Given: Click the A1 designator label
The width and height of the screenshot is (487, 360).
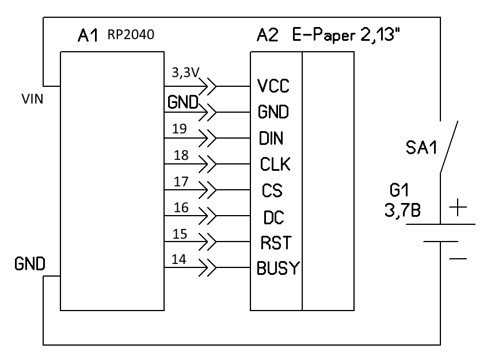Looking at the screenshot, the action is point(88,35).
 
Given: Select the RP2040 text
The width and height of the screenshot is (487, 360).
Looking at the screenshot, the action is point(131,35).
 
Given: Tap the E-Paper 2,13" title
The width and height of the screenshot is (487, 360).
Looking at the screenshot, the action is point(346,35).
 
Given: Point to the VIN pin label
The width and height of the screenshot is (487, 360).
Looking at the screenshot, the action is point(32,99).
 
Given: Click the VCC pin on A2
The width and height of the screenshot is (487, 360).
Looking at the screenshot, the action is point(273,86).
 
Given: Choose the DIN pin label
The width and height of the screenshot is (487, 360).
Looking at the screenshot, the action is point(271,139).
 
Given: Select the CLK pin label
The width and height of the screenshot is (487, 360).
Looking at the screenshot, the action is point(275,164).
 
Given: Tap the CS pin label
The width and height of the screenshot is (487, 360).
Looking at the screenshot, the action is point(272,190).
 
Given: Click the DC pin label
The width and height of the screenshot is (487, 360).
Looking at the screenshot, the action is point(273,217).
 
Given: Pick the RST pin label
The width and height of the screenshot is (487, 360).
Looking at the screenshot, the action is point(276,243).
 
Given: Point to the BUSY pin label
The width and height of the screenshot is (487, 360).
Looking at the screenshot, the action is point(278,268).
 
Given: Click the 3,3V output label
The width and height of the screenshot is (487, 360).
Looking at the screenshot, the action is point(185,72).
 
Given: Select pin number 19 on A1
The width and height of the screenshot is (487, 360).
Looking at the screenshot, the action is point(180,129).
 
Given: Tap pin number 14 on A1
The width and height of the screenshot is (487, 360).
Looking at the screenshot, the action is point(179,259).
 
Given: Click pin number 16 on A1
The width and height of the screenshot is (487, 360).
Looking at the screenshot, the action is point(181,208).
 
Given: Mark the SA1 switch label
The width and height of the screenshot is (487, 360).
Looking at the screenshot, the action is point(421,147).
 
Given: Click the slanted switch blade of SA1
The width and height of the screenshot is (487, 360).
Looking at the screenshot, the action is point(449,147).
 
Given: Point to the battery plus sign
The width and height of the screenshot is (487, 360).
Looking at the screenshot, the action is point(458,207).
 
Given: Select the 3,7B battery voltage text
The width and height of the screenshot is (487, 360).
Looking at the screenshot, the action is point(402,210).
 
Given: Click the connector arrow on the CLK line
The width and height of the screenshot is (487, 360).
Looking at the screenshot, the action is point(207,164).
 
